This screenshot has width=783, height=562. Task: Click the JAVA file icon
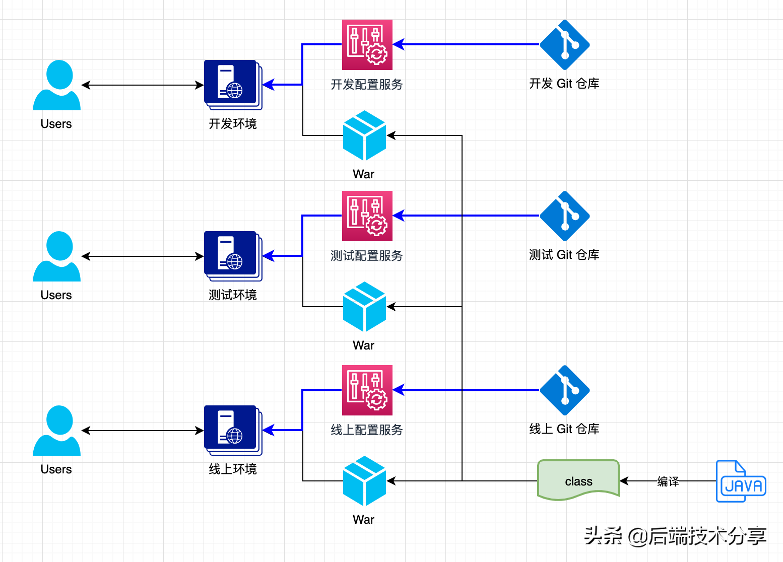point(741,481)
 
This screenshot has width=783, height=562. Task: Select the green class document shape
point(578,480)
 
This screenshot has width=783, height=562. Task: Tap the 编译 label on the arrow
point(668,481)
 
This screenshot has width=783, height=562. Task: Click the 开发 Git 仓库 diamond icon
point(564,45)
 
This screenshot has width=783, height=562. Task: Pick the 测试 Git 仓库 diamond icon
point(564,216)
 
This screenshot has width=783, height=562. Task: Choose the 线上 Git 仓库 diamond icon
point(564,390)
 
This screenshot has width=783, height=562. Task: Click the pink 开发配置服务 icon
point(367,45)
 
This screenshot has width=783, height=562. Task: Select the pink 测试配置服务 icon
point(367,216)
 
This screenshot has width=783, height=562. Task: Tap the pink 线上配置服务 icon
point(367,390)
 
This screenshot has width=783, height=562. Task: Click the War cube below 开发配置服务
point(364,135)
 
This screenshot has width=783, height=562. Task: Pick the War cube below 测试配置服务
point(364,307)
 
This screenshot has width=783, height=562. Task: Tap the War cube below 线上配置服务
point(364,481)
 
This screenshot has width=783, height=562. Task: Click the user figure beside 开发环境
point(56,85)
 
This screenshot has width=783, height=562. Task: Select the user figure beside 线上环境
point(56,431)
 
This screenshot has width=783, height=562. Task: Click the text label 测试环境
point(233,295)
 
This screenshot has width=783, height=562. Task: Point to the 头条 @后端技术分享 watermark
point(675,536)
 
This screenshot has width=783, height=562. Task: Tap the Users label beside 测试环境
point(56,295)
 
